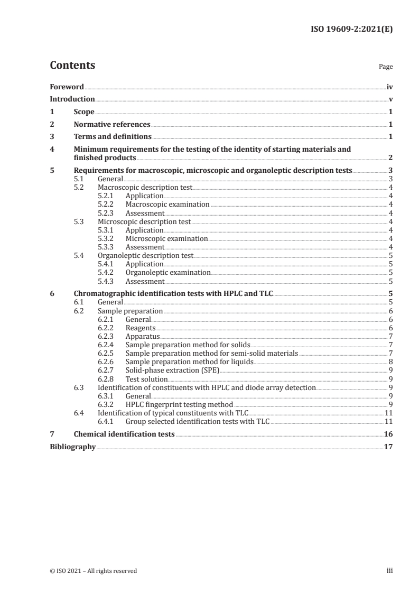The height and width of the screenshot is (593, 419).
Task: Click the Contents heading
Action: click(x=72, y=66)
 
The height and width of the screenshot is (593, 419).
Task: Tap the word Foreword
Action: click(x=67, y=87)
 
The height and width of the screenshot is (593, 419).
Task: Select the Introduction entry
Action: click(x=72, y=99)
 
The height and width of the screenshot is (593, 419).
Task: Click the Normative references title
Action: click(x=112, y=125)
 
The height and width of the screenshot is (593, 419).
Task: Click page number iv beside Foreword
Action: click(x=389, y=87)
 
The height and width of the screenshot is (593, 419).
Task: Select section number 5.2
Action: click(x=79, y=188)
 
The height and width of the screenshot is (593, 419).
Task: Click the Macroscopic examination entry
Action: click(x=167, y=205)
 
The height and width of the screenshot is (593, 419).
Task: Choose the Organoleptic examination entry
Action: click(x=168, y=273)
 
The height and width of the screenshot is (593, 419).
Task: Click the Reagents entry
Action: click(x=140, y=328)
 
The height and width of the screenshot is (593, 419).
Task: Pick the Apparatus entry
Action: click(x=142, y=337)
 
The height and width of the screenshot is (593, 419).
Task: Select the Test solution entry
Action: click(x=146, y=379)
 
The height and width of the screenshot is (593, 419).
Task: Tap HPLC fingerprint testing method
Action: click(x=179, y=404)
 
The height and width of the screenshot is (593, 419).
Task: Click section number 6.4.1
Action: click(x=108, y=421)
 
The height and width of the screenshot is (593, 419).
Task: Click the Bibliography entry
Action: click(x=72, y=447)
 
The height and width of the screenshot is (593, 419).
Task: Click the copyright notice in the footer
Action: click(x=94, y=571)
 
